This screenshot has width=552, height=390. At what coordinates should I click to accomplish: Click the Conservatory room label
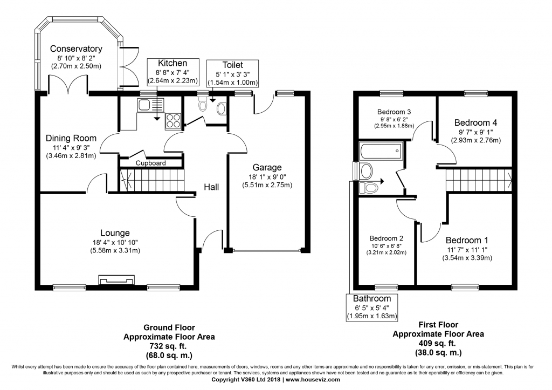tap(76, 49)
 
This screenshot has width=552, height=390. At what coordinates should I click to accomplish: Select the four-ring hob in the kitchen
tap(173, 120)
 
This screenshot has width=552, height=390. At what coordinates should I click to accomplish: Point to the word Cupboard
tap(151, 163)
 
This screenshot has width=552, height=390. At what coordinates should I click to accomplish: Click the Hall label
tap(211, 187)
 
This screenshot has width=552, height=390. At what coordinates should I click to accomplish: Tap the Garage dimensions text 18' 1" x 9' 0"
tap(267, 177)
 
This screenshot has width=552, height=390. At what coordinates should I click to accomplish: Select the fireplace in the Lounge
tap(116, 280)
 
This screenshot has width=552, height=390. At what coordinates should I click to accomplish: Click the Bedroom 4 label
tap(475, 122)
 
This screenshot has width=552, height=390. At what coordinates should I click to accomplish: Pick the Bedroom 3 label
tap(394, 112)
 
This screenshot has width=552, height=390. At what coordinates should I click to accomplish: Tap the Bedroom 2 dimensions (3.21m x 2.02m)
tap(386, 252)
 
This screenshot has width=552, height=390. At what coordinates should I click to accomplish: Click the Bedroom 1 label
tap(467, 240)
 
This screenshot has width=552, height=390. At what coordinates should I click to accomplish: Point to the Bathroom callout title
tap(372, 299)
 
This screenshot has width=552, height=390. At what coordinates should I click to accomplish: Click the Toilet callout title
tap(233, 65)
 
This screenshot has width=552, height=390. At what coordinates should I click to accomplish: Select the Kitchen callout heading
tap(172, 63)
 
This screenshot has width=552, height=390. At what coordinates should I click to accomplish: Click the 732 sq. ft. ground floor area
tap(169, 346)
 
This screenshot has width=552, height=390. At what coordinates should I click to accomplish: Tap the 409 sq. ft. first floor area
tap(438, 343)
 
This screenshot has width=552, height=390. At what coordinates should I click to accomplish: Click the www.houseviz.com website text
tap(313, 379)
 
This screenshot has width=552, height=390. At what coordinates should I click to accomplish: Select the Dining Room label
tap(71, 138)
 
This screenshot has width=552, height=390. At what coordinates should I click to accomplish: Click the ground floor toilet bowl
tap(203, 105)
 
